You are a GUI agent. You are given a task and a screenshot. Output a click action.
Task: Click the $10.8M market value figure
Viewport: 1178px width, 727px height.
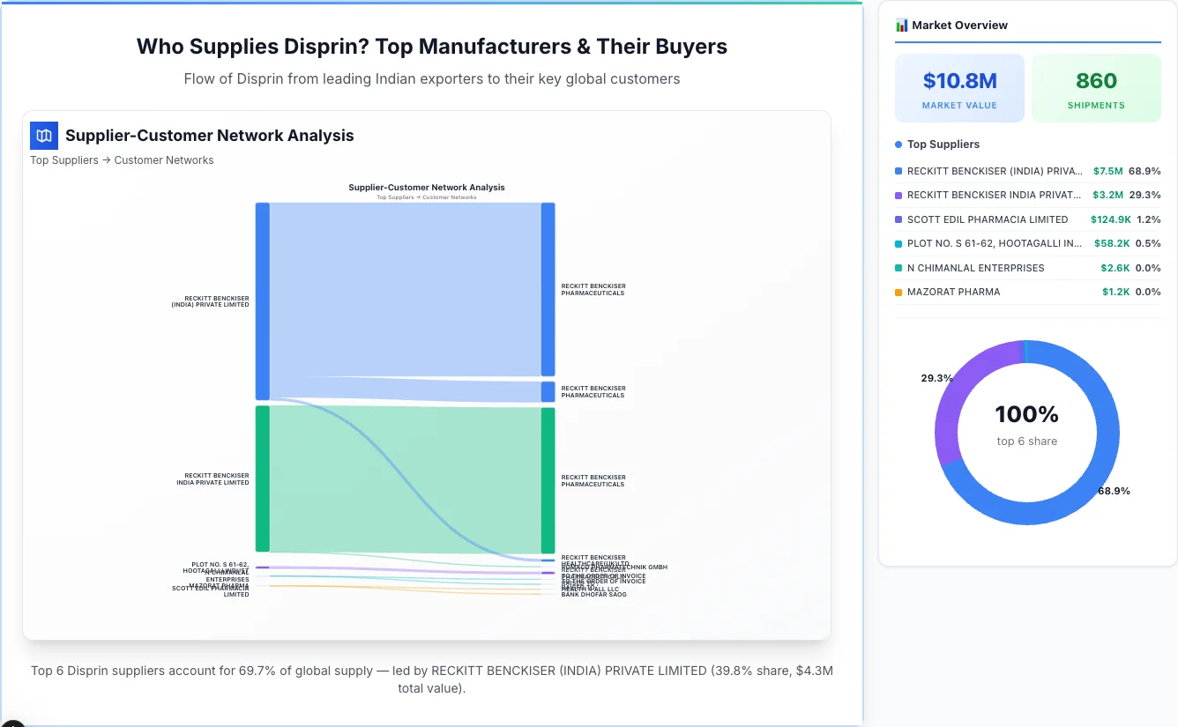[x=959, y=81]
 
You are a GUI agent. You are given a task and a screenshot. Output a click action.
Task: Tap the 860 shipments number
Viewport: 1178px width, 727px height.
[x=1096, y=81]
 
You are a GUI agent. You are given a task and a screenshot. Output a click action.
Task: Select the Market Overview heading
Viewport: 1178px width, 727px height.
[x=959, y=26]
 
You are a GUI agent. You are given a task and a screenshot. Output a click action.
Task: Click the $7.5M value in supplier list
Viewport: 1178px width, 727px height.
[x=1107, y=171]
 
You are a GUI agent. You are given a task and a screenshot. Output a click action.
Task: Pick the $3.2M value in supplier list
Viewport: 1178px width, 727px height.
[x=1107, y=195]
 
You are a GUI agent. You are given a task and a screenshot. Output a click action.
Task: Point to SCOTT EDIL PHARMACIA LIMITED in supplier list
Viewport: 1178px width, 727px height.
[x=988, y=219]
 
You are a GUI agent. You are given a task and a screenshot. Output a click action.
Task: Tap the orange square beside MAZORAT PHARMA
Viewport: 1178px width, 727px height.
[x=898, y=292]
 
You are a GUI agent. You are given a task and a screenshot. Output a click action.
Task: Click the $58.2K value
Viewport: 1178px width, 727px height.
[x=1111, y=243]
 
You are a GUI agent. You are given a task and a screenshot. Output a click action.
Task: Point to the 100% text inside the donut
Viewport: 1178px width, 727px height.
[x=1026, y=414]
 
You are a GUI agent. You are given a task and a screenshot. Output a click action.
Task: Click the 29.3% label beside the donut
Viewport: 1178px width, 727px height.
[x=936, y=378]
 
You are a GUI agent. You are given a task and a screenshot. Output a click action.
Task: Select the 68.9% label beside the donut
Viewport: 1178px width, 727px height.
[x=1114, y=491]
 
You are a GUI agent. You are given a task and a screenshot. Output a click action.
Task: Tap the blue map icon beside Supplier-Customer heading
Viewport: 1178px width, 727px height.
[x=43, y=136]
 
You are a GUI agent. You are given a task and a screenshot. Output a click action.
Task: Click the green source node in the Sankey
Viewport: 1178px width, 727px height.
[x=262, y=478]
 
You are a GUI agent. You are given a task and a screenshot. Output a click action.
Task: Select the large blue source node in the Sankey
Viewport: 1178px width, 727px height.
[x=262, y=301]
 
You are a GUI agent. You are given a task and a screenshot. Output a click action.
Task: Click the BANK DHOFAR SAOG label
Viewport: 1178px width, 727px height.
[x=593, y=595]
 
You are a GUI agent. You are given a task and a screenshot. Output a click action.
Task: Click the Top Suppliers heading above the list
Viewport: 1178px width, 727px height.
[x=943, y=145]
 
